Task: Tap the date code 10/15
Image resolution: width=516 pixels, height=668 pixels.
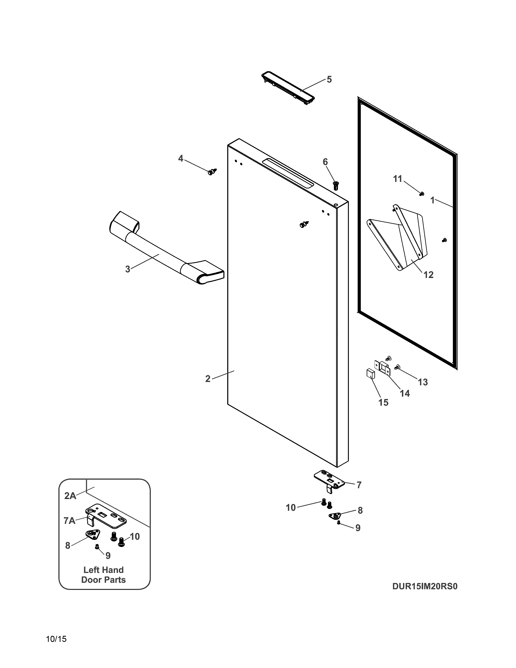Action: (x=56, y=639)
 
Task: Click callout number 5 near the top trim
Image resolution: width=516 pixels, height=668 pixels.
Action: (x=329, y=79)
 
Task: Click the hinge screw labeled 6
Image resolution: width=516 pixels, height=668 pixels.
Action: (x=336, y=185)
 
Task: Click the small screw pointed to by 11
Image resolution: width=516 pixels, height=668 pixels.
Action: (x=422, y=194)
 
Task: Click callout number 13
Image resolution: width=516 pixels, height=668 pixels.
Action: (x=423, y=382)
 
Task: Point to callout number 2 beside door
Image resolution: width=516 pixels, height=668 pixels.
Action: (x=208, y=379)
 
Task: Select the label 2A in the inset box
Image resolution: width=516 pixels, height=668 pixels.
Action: (x=70, y=496)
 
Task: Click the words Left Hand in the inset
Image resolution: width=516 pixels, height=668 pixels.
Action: (x=103, y=570)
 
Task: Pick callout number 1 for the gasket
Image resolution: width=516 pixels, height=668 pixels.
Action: (x=432, y=200)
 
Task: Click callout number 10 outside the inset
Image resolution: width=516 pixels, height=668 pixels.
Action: (x=290, y=508)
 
